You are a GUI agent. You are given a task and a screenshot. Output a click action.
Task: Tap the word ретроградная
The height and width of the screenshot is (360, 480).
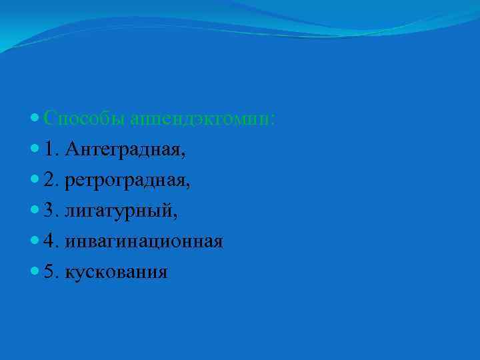click(127, 181)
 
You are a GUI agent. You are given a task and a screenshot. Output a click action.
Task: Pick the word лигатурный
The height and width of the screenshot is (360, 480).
click(120, 211)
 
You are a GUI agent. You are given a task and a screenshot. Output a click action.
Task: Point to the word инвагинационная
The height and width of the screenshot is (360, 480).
click(144, 241)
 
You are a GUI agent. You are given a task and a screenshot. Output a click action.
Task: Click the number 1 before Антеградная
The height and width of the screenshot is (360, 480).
click(50, 150)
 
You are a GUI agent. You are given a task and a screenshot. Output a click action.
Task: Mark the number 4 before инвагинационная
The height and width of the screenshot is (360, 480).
click(50, 241)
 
